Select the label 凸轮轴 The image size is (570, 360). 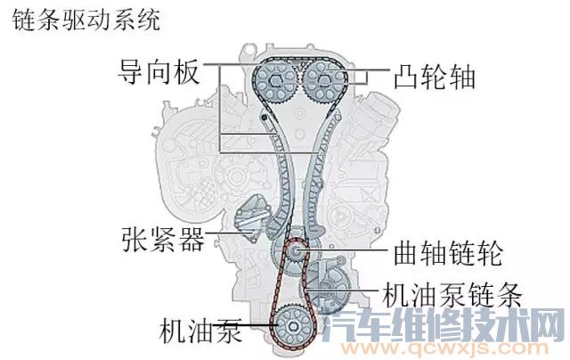[432, 78]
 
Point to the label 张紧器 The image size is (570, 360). [161, 240]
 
